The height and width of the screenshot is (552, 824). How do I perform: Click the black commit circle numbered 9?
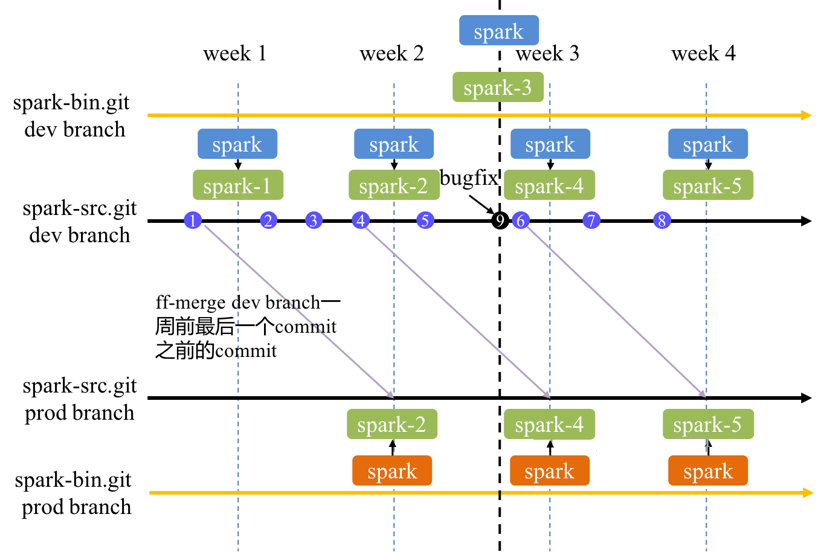[x=500, y=220]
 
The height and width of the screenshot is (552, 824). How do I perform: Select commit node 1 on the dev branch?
[x=193, y=220]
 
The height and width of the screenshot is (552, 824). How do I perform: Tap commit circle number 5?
[x=425, y=220]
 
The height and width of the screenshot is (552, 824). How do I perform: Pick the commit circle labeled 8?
[x=662, y=220]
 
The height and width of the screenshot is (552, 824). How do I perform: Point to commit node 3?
[x=314, y=220]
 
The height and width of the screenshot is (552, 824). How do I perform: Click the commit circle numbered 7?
[x=591, y=220]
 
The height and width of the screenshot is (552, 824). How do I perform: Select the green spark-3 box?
[x=498, y=87]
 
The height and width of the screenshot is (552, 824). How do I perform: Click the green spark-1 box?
[x=238, y=185]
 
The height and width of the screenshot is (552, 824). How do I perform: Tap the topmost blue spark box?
[x=499, y=30]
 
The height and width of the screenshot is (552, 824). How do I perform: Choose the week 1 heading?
[x=235, y=53]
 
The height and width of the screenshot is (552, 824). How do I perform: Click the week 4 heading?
[x=704, y=53]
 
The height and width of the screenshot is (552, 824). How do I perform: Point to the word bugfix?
[x=469, y=178]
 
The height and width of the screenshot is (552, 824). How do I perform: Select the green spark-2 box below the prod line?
[x=392, y=424]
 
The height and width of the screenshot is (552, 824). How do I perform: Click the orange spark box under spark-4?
[x=550, y=470]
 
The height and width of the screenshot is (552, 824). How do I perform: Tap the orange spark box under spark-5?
[x=708, y=470]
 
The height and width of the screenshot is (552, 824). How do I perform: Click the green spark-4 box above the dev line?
[x=550, y=185]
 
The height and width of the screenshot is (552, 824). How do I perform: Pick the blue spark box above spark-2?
[x=394, y=144]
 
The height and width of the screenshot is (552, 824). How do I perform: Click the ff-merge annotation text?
[x=247, y=327]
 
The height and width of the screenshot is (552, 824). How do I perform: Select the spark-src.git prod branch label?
[x=80, y=399]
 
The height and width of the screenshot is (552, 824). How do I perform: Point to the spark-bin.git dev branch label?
[x=72, y=116]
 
